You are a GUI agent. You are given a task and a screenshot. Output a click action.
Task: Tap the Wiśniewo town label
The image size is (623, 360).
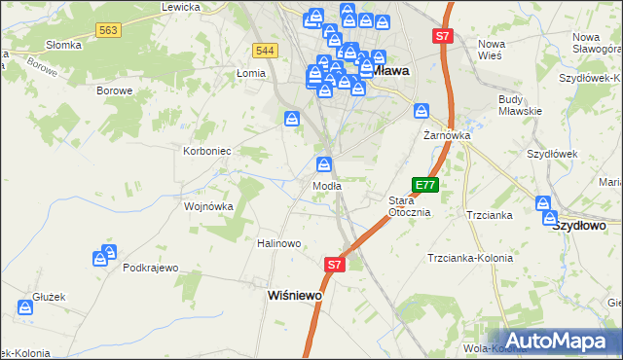[295, 295]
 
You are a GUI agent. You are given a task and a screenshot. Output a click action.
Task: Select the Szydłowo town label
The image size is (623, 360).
[579, 225]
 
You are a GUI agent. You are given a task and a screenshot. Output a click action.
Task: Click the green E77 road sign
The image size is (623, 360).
[425, 184]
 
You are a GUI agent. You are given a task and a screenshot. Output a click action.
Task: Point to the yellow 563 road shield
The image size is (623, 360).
[108, 31]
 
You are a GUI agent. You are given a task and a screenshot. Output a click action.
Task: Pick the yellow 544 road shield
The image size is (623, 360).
[265, 50]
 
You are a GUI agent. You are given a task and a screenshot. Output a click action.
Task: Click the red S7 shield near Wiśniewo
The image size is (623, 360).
[334, 264]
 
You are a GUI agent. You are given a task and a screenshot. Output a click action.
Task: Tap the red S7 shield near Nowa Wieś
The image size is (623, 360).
[443, 37]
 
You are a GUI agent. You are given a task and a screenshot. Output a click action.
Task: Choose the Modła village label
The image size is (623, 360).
[326, 185]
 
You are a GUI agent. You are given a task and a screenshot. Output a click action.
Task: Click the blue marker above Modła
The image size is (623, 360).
[325, 163]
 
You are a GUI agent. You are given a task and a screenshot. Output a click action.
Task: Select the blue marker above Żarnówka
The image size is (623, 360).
[422, 111]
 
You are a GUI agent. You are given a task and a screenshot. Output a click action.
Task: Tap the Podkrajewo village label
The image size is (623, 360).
[151, 268]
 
